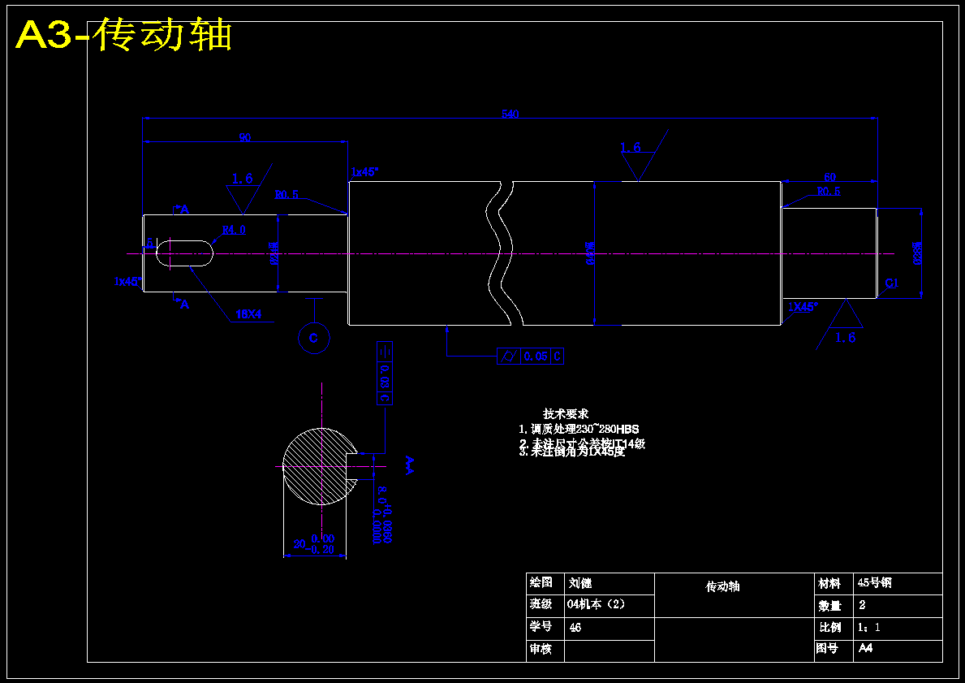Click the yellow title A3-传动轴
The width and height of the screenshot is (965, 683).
[124, 36]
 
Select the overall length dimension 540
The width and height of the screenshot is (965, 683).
[510, 115]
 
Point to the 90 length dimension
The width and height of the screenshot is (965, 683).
[244, 138]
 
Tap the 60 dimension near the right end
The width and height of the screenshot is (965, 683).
[829, 177]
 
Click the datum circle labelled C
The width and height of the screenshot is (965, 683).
[314, 338]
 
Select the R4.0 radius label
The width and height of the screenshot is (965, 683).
[234, 230]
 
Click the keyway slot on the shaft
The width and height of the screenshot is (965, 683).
[184, 253]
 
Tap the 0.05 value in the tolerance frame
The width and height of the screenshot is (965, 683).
[536, 357]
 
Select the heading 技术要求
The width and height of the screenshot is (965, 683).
[566, 414]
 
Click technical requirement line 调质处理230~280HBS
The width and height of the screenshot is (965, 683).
[579, 429]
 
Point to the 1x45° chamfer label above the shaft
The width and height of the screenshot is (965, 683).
[364, 172]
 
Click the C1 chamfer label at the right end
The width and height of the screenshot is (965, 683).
[891, 283]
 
